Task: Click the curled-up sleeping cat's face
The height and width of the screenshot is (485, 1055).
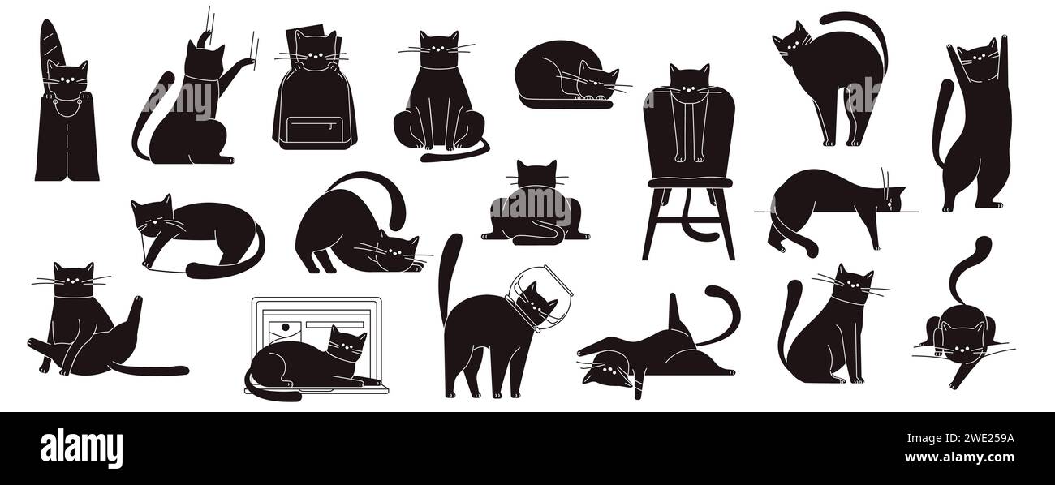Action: click(x=597, y=82)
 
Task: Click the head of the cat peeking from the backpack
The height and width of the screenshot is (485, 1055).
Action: click(x=312, y=49)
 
